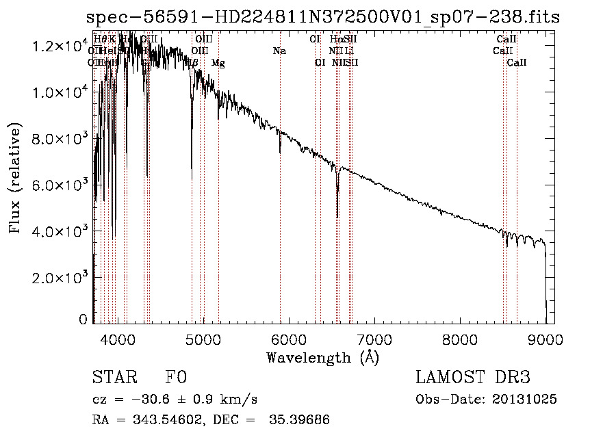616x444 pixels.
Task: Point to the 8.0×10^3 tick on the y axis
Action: (61, 138)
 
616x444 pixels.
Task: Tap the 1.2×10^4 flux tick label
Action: (61, 47)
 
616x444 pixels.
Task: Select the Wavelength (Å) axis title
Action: (322, 357)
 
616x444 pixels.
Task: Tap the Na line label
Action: (279, 51)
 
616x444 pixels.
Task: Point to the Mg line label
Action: (218, 63)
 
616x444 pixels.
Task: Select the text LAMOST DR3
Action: (473, 378)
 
